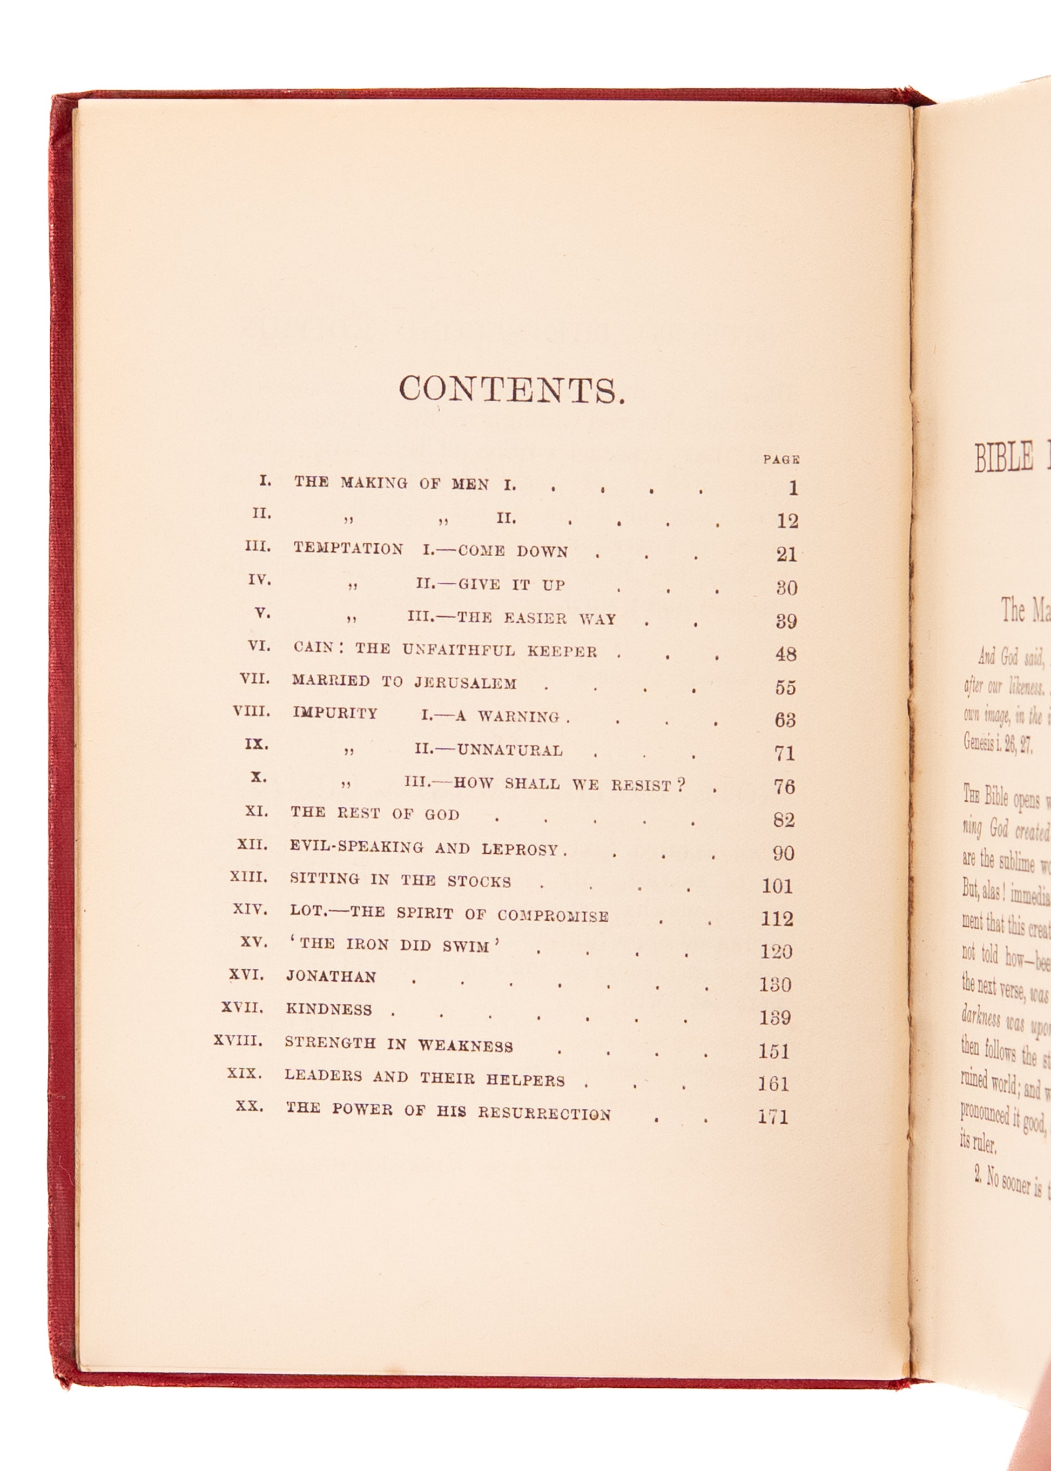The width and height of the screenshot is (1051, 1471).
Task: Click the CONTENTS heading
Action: pos(511,389)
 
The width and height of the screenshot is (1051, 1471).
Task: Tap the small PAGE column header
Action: pos(781,460)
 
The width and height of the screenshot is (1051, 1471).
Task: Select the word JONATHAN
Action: pos(331,976)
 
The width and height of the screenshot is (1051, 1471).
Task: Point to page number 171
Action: pos(773,1116)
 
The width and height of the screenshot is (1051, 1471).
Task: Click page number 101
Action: pos(777,885)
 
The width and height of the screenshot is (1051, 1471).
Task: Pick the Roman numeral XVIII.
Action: pos(238,1041)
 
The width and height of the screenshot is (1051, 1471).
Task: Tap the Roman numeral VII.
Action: pos(254,679)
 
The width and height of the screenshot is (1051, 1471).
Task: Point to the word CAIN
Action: pos(313,646)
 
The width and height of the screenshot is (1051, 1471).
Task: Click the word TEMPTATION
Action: pos(348,549)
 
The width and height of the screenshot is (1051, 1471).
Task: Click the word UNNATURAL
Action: pos(510,750)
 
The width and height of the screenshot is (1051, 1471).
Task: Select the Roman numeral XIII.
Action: pos(248,877)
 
